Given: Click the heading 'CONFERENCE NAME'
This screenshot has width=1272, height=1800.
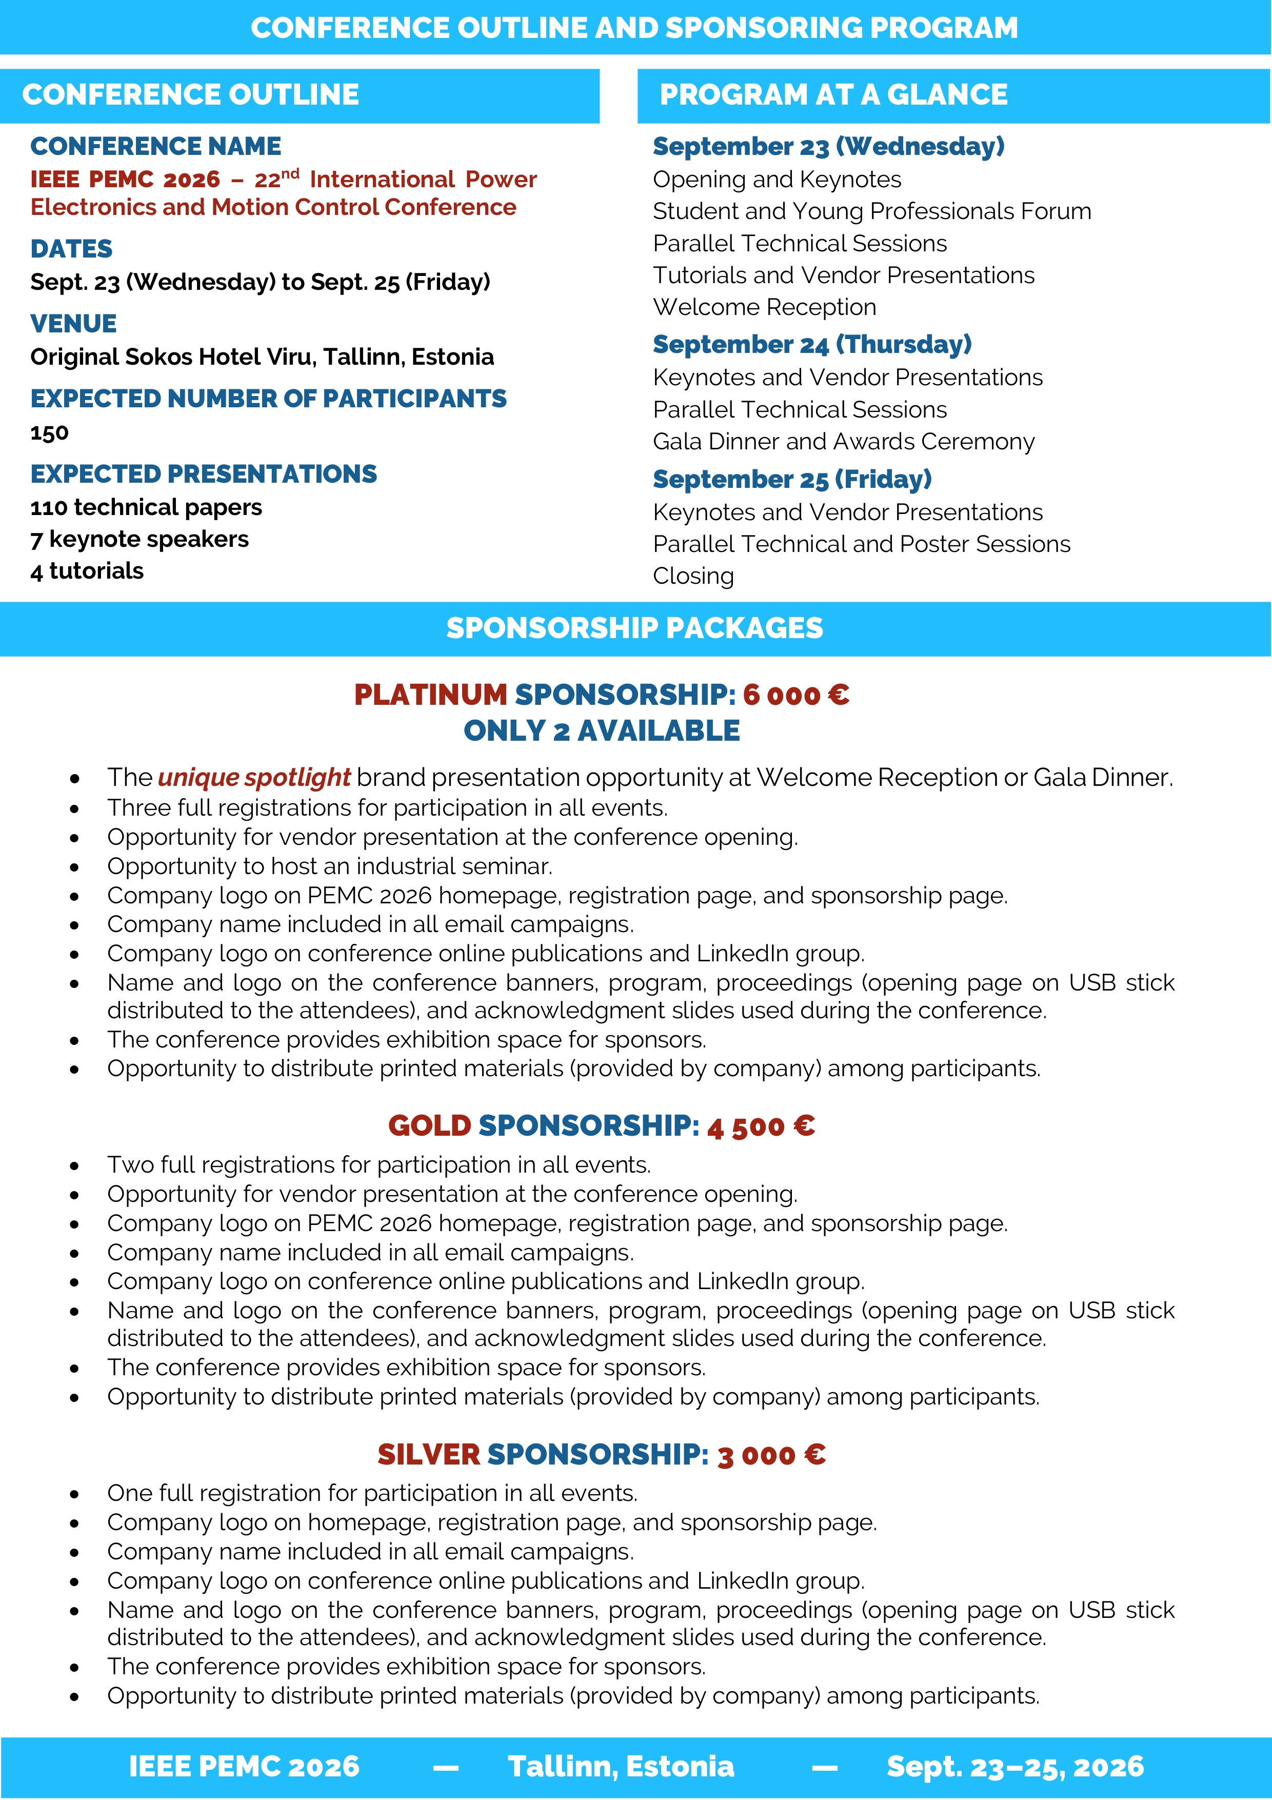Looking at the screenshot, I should click(155, 147).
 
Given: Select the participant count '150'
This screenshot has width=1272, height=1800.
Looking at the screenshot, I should click(49, 433).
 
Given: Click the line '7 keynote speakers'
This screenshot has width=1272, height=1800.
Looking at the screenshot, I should click(140, 539).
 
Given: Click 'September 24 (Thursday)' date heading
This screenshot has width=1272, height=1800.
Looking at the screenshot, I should click(812, 345).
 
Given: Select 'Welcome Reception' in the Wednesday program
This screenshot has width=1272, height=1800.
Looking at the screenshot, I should click(764, 307).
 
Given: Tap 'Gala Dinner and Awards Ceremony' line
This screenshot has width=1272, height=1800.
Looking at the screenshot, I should click(843, 442).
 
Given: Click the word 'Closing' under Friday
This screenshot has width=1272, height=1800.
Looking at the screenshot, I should click(693, 576).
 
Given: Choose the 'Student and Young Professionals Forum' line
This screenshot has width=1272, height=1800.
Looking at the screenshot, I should click(871, 212).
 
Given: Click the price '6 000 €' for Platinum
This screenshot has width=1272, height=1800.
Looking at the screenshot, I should click(796, 696).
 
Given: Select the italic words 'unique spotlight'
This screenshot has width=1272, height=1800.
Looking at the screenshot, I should click(254, 778).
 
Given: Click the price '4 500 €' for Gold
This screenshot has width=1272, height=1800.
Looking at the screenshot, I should click(760, 1126).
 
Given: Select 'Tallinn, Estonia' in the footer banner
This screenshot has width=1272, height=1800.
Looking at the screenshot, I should click(621, 1766).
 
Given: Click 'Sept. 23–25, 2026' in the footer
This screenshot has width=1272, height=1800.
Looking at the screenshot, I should click(1015, 1766).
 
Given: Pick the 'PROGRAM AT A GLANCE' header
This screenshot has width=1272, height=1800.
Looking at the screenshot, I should click(833, 95).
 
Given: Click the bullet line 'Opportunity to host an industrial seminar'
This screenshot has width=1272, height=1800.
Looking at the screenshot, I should click(330, 866).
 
